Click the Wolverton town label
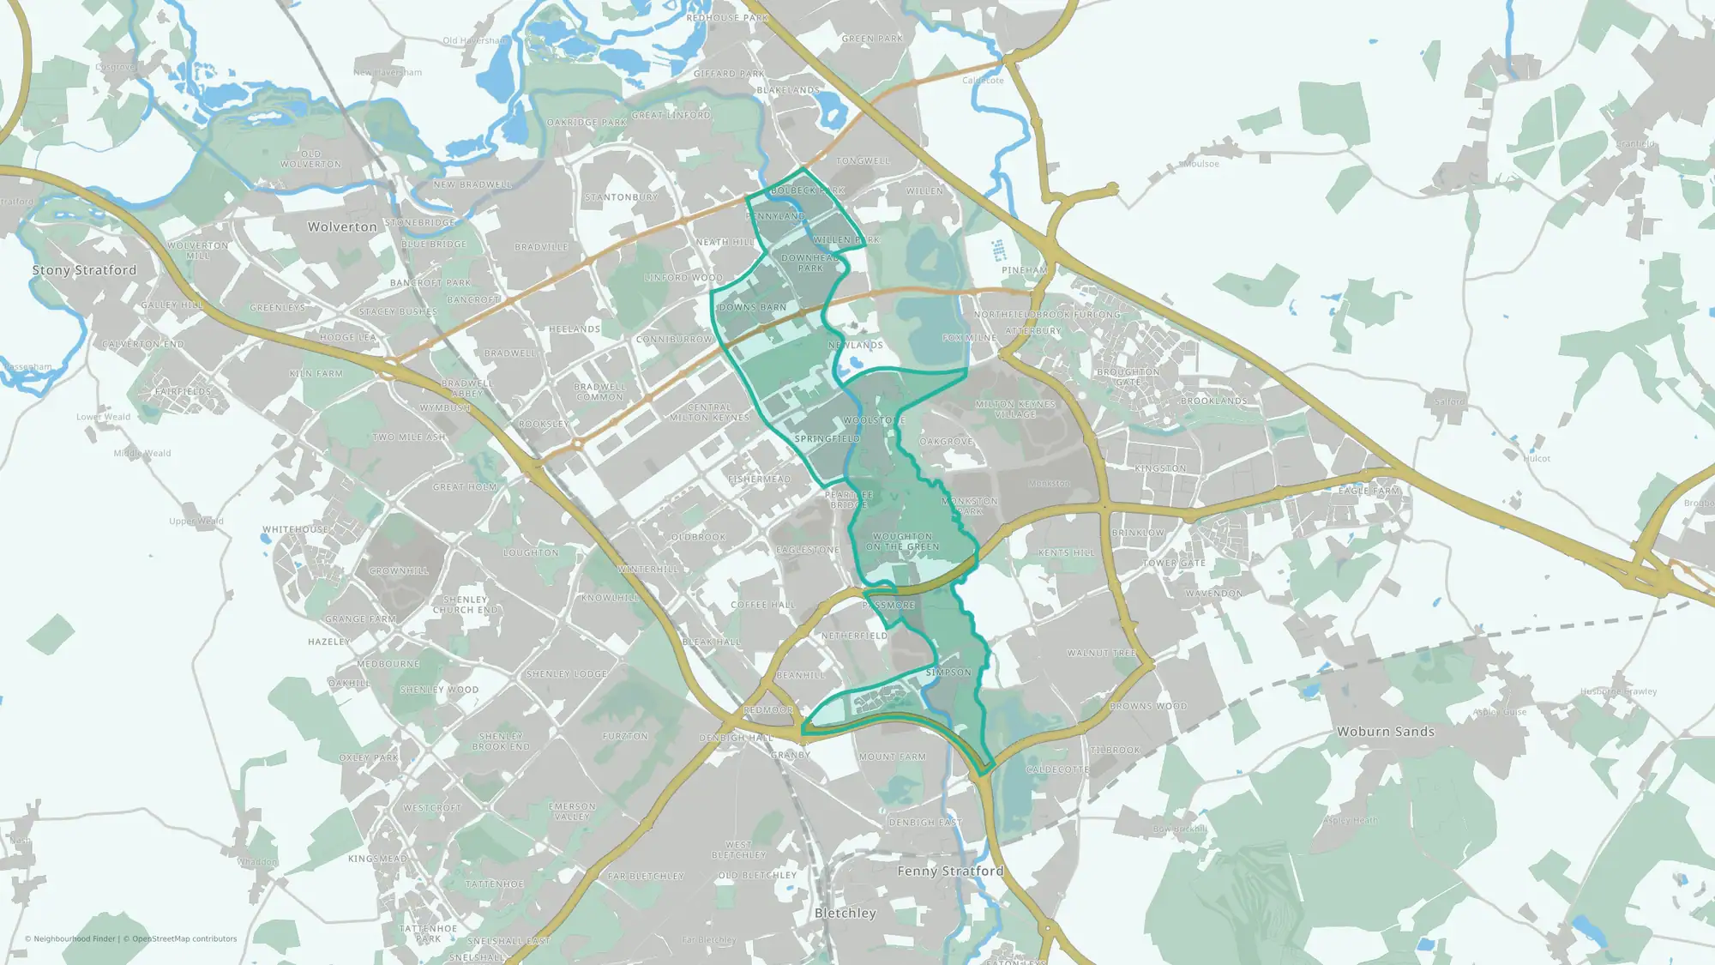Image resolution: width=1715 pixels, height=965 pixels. [342, 227]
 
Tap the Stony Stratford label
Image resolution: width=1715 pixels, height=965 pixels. [84, 270]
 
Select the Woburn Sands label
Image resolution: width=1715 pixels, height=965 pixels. [1385, 732]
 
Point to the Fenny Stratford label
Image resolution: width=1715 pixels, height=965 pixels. [950, 872]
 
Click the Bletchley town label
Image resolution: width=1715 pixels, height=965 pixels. [845, 914]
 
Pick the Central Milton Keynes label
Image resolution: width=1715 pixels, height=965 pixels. [709, 413]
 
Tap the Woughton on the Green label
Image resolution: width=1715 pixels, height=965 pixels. [902, 541]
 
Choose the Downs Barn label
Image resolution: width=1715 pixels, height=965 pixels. [752, 307]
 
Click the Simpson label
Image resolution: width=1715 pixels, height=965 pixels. [948, 672]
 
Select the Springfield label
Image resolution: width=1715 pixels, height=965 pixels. [827, 438]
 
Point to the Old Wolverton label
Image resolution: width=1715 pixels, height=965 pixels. [310, 160]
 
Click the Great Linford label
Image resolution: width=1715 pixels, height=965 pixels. [671, 115]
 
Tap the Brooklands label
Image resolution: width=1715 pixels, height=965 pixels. [1213, 401]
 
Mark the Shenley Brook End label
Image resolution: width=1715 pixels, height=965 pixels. [501, 741]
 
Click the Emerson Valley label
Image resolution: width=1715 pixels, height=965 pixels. [572, 811]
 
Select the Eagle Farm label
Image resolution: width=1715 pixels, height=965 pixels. [1369, 491]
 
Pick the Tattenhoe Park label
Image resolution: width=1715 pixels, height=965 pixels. [428, 933]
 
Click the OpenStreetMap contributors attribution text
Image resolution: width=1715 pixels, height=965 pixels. [184, 938]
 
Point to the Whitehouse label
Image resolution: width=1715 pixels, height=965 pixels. [295, 529]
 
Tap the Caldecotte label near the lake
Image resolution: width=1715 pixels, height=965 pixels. [1057, 769]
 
